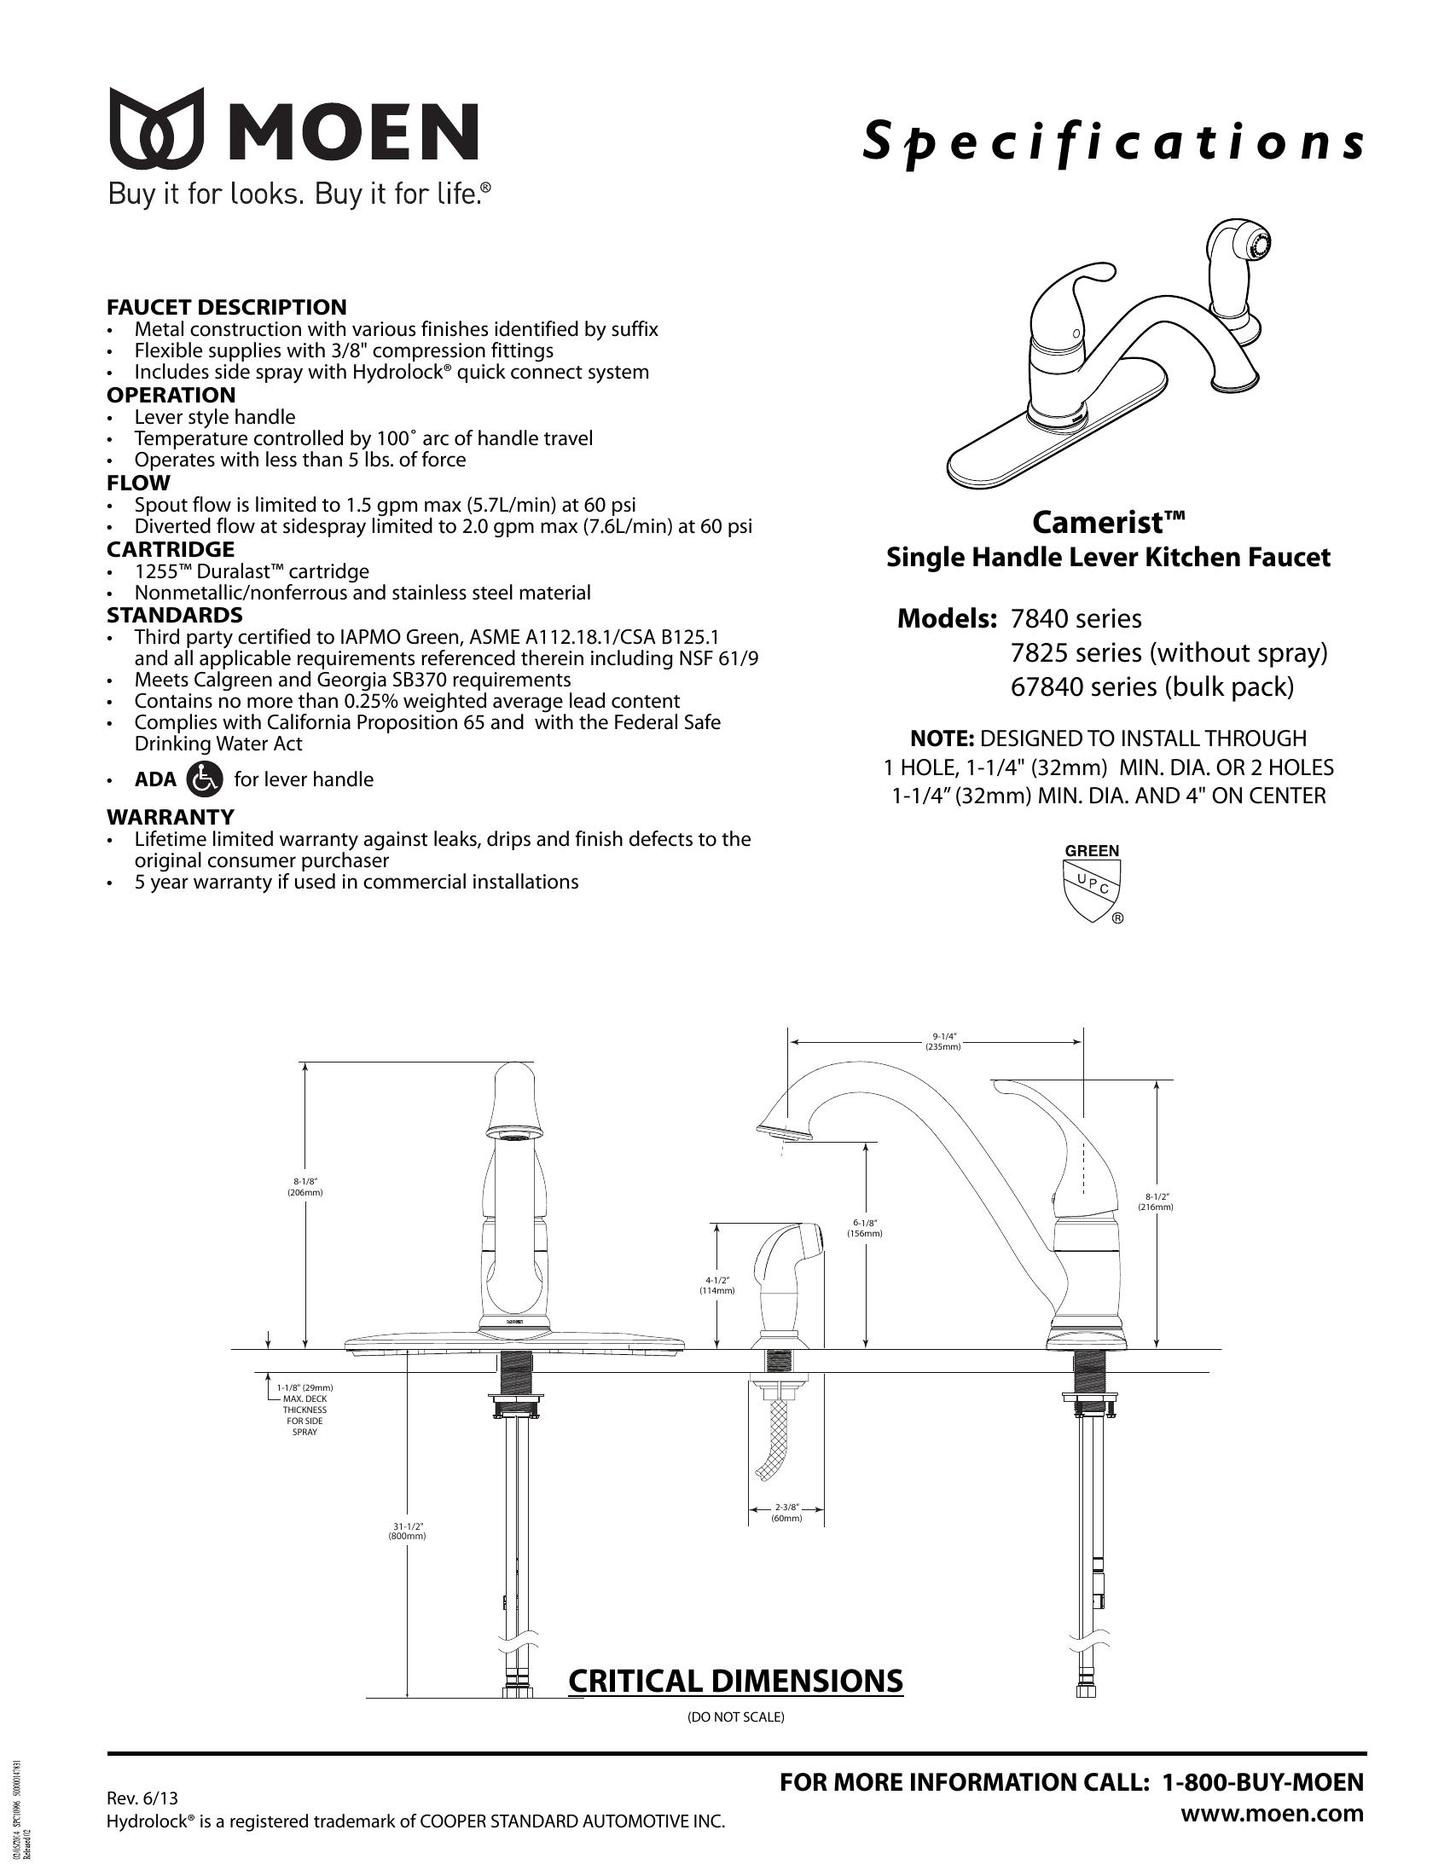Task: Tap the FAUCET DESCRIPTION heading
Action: (x=227, y=308)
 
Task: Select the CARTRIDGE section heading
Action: (x=170, y=549)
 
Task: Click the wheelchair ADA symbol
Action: (x=205, y=779)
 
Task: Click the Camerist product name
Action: (x=1108, y=521)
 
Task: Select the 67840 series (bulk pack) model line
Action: (x=1152, y=687)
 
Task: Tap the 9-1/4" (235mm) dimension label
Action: (x=942, y=1041)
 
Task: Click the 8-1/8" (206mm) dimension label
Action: (x=305, y=1187)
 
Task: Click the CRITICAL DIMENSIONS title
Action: (x=735, y=1680)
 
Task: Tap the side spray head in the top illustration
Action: (x=1238, y=258)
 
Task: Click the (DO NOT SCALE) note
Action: (x=735, y=1717)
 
